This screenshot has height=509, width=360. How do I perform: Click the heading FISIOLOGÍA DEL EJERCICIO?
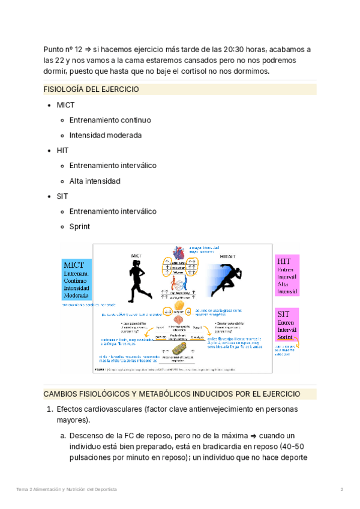[x=91, y=89]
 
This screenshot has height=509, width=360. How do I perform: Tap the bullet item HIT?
[x=62, y=151]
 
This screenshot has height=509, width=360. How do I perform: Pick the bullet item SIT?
[x=62, y=196]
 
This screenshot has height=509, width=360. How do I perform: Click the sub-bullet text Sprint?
[x=79, y=227]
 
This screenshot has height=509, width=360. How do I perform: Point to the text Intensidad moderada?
[x=105, y=136]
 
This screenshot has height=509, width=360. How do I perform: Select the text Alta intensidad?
[x=95, y=181]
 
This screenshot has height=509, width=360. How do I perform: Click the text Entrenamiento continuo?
[x=110, y=120]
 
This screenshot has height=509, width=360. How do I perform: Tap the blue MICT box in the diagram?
[x=77, y=280]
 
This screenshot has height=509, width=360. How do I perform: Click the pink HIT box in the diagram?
[x=287, y=276]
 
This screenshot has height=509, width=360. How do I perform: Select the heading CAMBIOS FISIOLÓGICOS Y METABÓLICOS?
[x=172, y=394]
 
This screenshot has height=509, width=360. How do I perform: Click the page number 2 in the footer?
[x=342, y=490]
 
